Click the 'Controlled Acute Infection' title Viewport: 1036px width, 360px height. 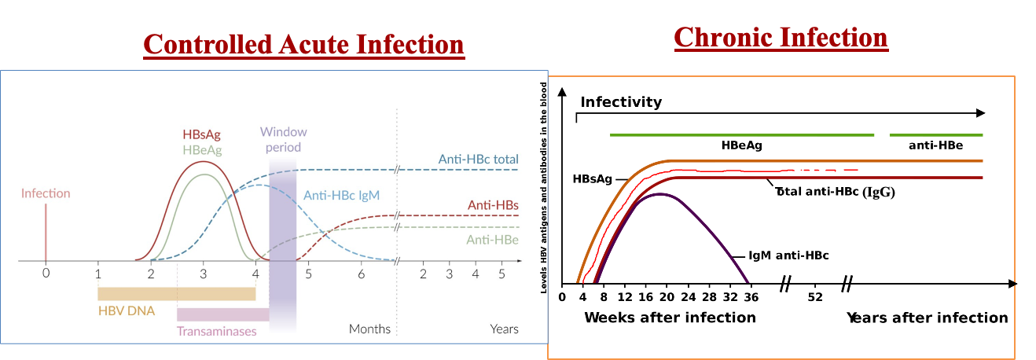coord(303,44)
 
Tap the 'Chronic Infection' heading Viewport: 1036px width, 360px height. coord(781,37)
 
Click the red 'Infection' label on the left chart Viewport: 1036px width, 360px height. coord(46,193)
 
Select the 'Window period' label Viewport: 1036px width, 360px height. coord(283,139)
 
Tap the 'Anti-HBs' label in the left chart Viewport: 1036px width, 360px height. coord(493,204)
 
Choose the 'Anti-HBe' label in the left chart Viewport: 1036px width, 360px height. coord(493,240)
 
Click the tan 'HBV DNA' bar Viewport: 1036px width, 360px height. coord(176,293)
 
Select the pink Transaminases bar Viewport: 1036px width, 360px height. coord(223,314)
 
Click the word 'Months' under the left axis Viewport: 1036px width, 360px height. coord(369,329)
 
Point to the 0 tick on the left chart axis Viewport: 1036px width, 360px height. coord(46,274)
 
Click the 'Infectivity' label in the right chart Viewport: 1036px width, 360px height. coord(621,102)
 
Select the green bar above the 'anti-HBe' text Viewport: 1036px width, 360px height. coord(935,135)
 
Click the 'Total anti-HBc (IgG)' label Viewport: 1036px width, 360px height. coord(835,190)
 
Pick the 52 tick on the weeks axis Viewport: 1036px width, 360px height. coord(815,297)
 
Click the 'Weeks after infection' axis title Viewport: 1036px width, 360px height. coord(670,318)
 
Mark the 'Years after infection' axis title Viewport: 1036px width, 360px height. coord(927,318)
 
